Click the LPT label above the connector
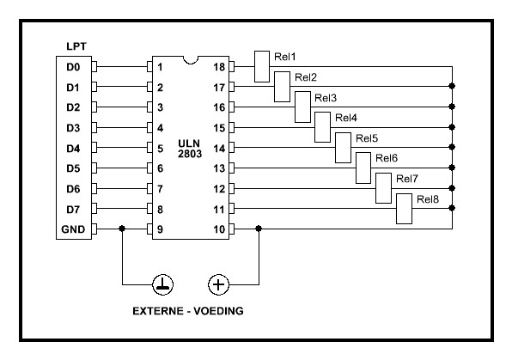coord(76,46)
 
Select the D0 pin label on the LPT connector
coord(73,67)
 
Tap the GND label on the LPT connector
coord(73,229)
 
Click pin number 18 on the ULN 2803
coord(219,67)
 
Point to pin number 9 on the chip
coord(160,229)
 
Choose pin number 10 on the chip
coord(219,229)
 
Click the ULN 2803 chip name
coord(189,149)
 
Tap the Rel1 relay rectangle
coord(262,66)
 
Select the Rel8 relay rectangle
coord(404,209)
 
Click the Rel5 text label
coord(367,138)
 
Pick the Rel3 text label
coord(326,98)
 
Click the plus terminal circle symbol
coord(218,284)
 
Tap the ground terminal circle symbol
coord(163,284)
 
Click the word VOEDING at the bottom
coord(218,311)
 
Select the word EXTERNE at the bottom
coord(158,311)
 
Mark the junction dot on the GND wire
coord(122,229)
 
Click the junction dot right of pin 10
coord(259,229)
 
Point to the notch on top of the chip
coord(191,60)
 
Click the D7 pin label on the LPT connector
coord(73,210)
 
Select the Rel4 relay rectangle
coord(322,127)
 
